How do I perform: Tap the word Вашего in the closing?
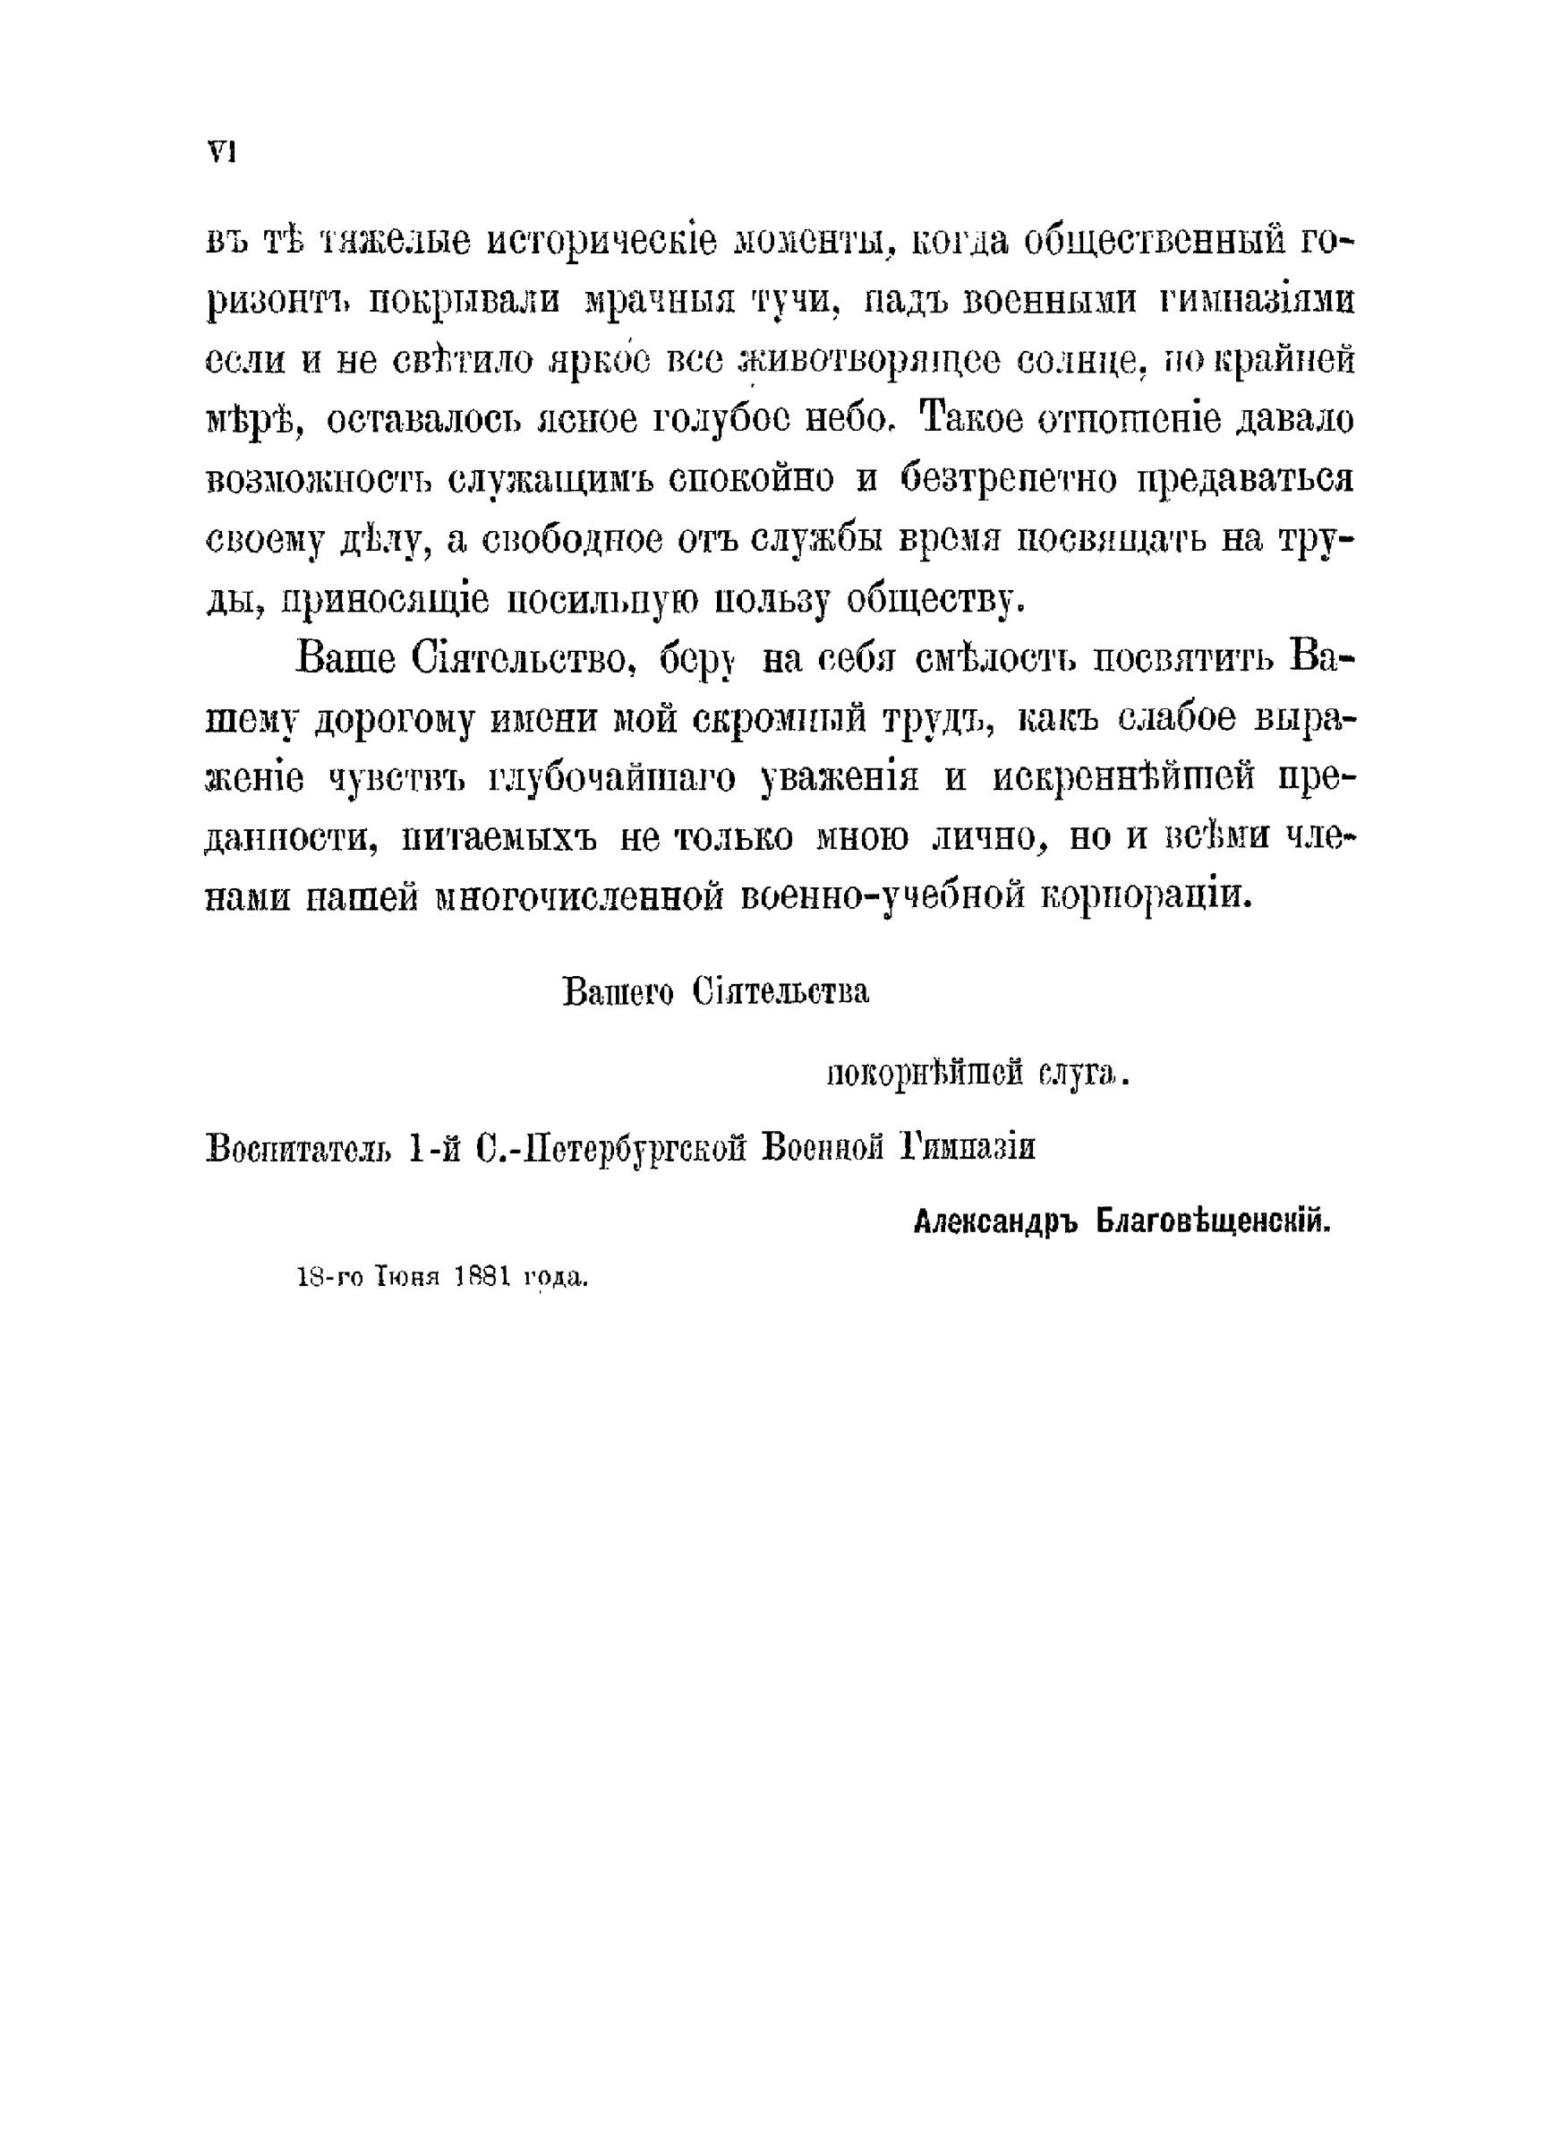618,994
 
